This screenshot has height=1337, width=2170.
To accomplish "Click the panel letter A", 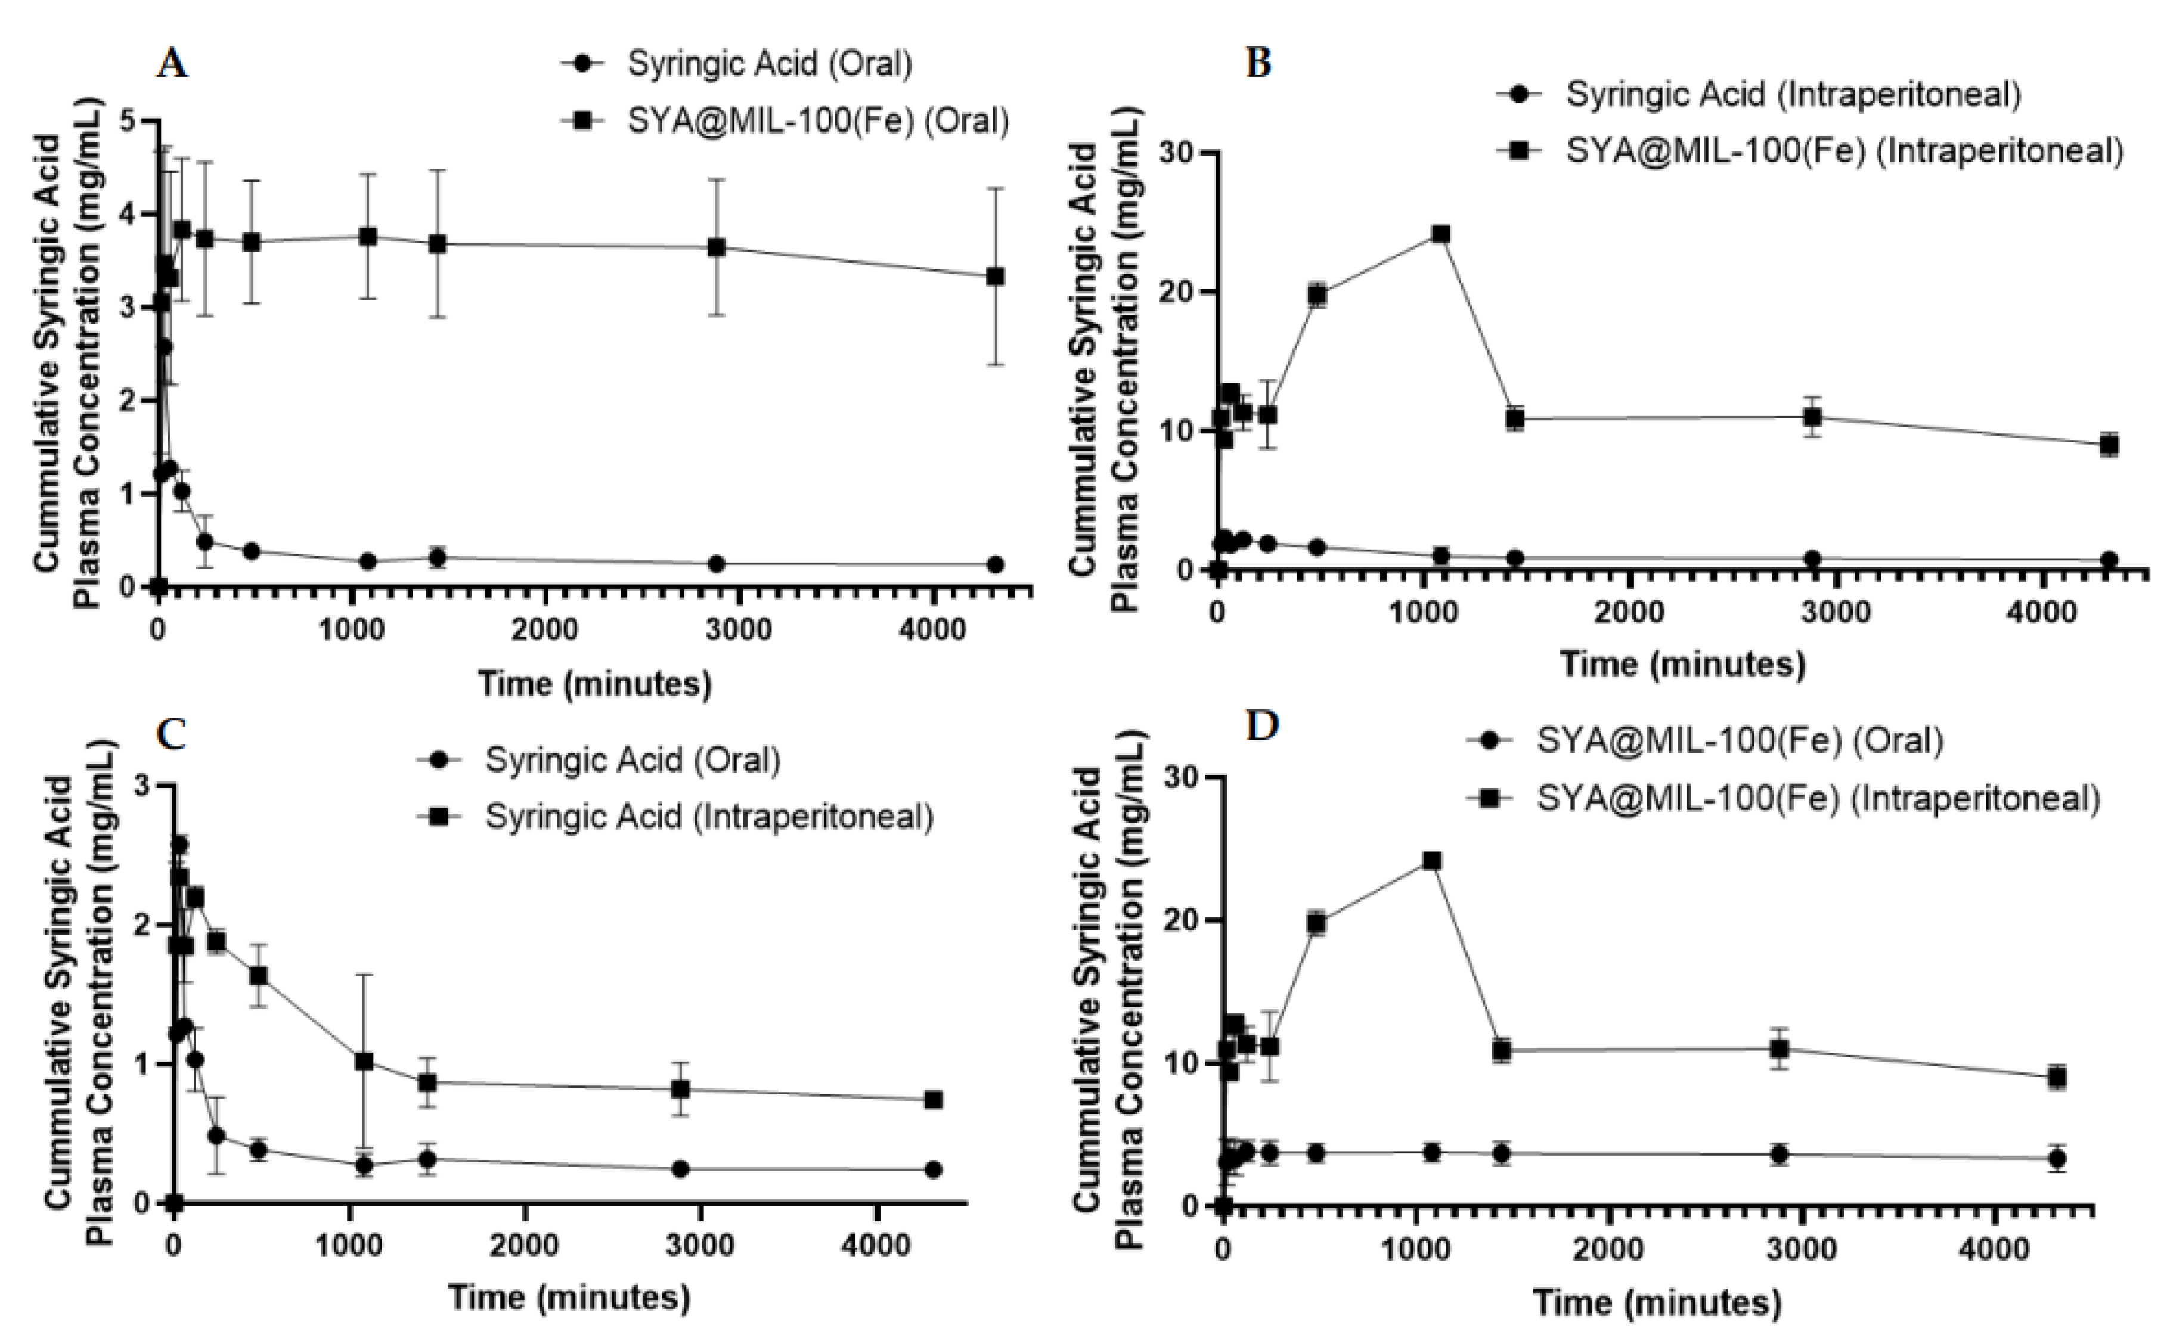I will tap(172, 64).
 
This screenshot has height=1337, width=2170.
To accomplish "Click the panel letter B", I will tap(1257, 64).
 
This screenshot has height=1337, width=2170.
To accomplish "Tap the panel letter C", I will tap(170, 734).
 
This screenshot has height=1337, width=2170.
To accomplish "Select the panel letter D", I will tap(1261, 726).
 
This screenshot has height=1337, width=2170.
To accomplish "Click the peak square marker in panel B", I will tap(1441, 234).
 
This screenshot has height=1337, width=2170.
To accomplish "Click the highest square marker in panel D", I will tap(1431, 860).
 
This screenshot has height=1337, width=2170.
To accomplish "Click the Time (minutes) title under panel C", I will tap(569, 1297).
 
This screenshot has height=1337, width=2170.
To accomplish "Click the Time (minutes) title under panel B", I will tap(1682, 663).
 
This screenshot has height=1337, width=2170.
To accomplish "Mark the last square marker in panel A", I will tap(995, 277).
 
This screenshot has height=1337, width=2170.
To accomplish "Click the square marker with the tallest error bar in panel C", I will tap(364, 1061).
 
